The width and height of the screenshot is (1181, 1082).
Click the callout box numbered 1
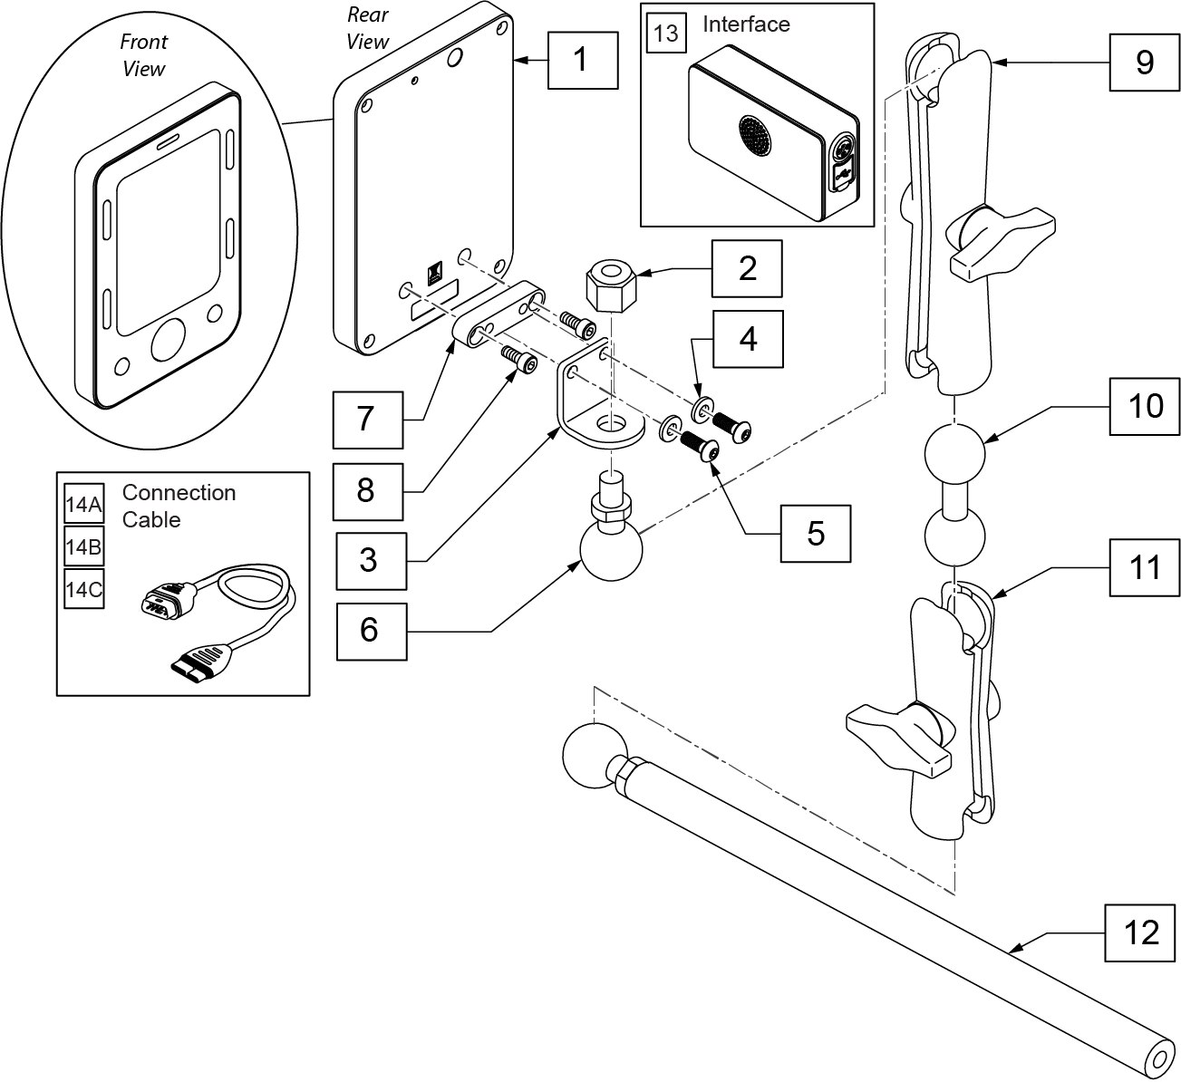point(582,61)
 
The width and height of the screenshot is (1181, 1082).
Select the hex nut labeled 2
point(611,285)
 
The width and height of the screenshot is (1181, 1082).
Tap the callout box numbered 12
point(1140,933)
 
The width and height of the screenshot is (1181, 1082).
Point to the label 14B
point(83,546)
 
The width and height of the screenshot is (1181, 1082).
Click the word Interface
point(746,24)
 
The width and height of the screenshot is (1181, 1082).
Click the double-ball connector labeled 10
point(954,495)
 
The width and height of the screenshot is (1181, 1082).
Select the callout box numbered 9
point(1145,63)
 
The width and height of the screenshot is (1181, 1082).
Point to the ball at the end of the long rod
point(595,756)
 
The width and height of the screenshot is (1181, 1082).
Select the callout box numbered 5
point(816,534)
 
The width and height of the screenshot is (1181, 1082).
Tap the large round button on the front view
point(169,340)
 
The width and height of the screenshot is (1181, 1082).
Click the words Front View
point(143,55)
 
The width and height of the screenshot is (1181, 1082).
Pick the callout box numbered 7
point(368,420)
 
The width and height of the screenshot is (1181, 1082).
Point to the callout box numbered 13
point(666,33)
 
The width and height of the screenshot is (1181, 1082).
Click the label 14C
point(83,589)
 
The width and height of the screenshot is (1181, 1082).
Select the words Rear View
point(368,28)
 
